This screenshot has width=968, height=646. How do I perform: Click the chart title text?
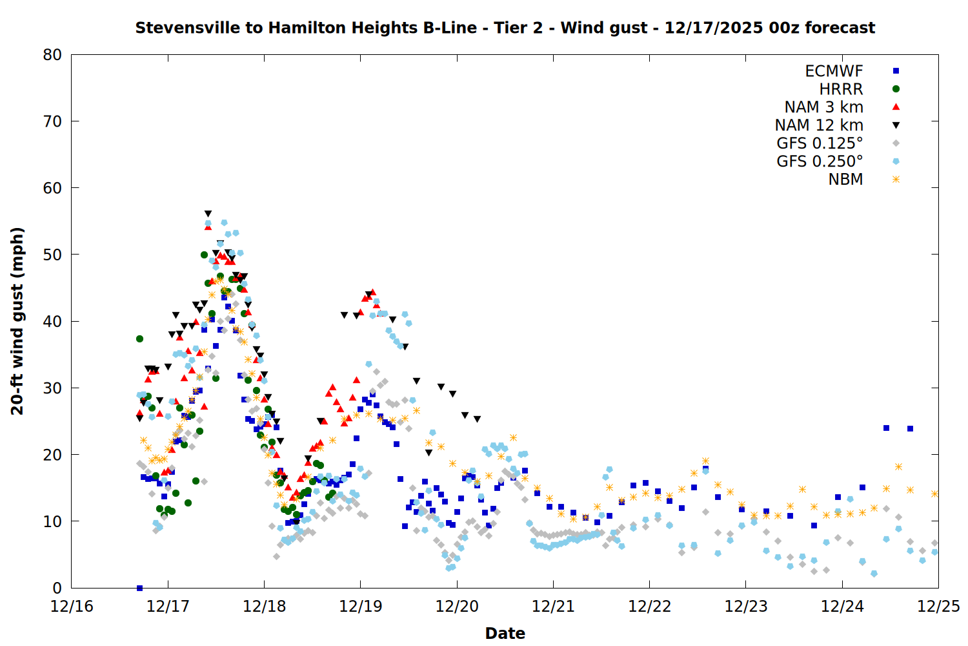(505, 28)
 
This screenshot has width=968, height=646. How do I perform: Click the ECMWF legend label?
(834, 71)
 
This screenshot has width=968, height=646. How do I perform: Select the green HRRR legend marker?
(896, 89)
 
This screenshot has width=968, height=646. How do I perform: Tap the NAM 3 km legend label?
(823, 107)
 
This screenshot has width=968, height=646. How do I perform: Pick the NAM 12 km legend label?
(819, 125)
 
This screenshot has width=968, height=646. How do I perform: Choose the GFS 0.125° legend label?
(820, 143)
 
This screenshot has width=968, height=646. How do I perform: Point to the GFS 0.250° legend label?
(820, 161)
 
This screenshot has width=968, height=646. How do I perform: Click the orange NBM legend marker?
(896, 180)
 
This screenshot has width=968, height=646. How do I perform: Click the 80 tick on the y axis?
(52, 55)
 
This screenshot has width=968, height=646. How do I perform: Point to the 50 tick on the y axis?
(52, 255)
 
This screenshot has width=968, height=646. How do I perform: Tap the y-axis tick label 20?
(52, 455)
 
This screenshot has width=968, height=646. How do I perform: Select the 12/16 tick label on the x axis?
(72, 607)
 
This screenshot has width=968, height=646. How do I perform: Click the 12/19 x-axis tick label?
(361, 607)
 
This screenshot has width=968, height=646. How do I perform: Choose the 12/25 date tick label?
(938, 607)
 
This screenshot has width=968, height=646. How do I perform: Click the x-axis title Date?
(505, 633)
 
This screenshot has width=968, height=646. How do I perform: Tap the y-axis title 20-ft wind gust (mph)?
(17, 321)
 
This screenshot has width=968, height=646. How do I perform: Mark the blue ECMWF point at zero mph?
(139, 588)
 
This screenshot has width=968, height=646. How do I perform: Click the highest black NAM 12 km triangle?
(208, 214)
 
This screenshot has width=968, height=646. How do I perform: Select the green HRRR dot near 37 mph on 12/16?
(139, 339)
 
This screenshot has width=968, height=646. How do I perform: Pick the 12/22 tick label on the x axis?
(649, 607)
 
